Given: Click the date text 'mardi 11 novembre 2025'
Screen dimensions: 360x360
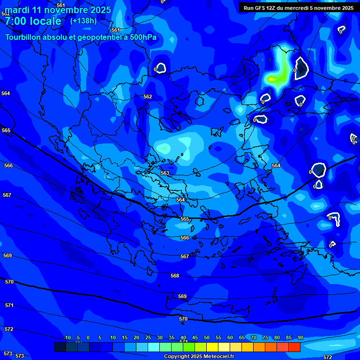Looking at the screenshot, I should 58,10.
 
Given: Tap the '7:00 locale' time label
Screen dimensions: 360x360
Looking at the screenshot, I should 33,21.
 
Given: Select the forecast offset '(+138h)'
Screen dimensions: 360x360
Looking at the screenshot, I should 84,21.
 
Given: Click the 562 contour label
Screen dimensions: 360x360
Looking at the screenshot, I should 148,97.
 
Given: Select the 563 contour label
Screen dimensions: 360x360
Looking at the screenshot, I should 165,173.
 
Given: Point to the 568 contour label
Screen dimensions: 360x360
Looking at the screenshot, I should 175,276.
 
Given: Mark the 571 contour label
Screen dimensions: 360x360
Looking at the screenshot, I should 9,305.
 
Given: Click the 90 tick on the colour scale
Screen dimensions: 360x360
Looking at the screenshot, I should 300,338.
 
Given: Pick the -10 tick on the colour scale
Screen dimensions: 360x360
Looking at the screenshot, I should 67,338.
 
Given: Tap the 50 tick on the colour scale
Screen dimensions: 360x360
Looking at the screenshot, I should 207,338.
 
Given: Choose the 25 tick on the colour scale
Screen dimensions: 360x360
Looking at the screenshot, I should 148,338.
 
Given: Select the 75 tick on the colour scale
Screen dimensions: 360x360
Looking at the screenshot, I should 265,338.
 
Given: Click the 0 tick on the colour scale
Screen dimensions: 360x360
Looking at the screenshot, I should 88,338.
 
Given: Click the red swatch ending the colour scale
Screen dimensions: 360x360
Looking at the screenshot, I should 294,347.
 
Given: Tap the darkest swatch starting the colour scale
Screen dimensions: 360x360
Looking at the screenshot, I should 60,347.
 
